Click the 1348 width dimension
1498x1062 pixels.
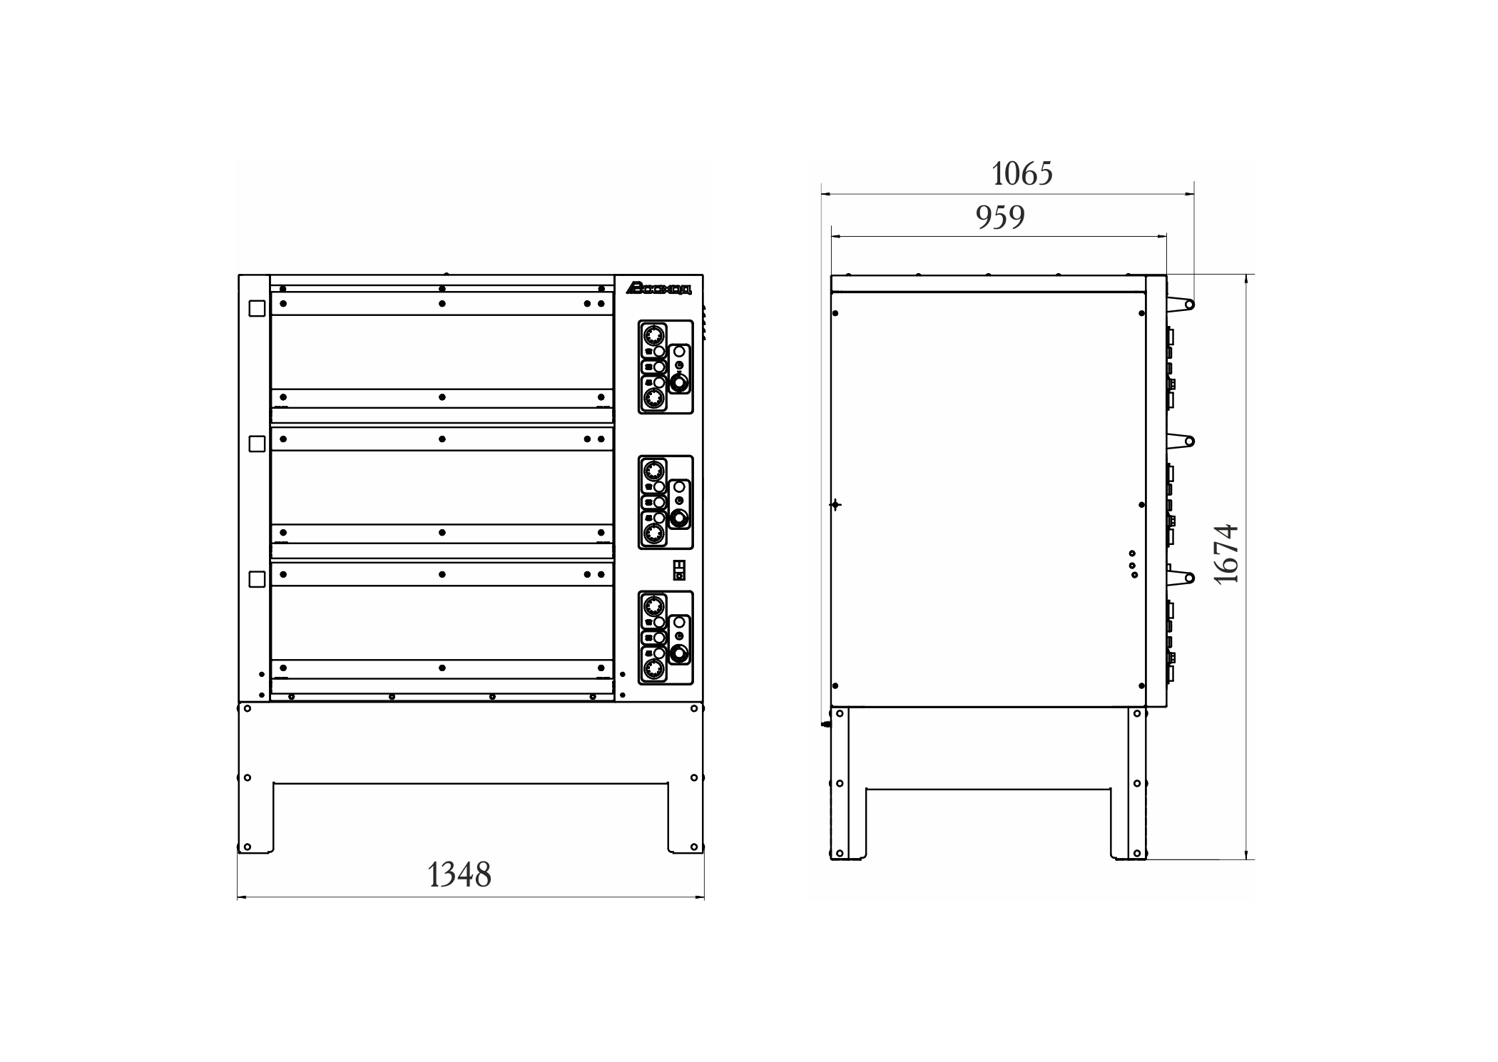point(459,875)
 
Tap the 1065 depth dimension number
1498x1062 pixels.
point(1022,174)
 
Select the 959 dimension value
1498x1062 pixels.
point(1000,218)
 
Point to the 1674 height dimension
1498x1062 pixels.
point(1227,554)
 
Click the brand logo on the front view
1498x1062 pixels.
point(658,288)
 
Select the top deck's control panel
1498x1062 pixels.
point(666,367)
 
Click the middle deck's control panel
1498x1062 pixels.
point(666,502)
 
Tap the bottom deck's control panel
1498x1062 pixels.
point(666,638)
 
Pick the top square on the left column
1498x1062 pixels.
point(257,308)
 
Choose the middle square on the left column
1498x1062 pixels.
point(257,444)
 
